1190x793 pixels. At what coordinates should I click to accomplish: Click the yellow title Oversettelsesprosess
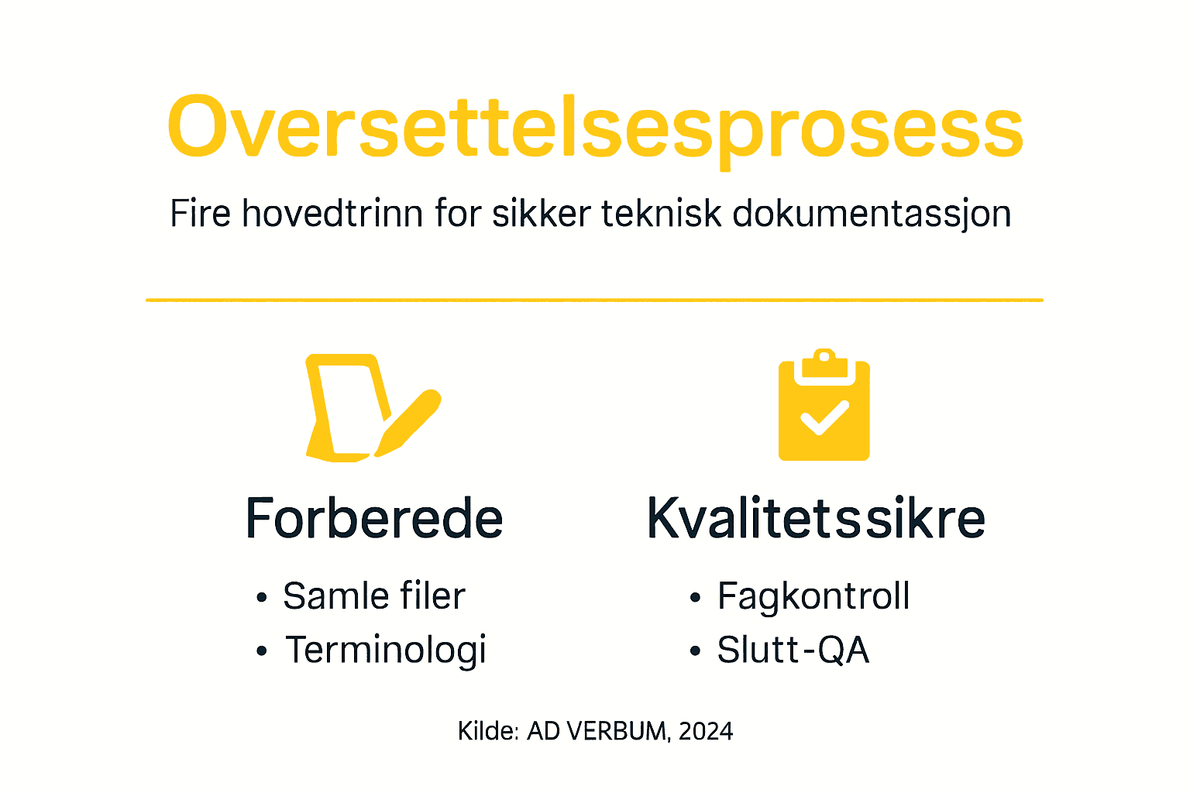click(595, 129)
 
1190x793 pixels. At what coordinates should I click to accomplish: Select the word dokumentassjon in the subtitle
click(872, 214)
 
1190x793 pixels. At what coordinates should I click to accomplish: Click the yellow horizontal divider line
click(595, 300)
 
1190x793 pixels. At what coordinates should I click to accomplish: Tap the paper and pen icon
click(364, 408)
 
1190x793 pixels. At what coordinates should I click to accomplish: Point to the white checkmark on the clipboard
click(824, 418)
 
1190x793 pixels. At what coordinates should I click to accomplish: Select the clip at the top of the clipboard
click(824, 362)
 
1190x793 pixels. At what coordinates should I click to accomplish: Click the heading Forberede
click(374, 518)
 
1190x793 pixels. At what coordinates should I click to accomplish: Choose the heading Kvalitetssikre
click(816, 518)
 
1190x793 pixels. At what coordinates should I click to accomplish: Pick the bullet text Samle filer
click(374, 596)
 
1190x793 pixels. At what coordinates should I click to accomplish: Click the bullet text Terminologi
click(386, 650)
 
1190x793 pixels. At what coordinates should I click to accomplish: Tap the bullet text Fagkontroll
click(813, 596)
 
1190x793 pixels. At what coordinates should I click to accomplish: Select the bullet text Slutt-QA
click(793, 650)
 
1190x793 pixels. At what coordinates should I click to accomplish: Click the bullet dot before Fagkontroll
click(695, 598)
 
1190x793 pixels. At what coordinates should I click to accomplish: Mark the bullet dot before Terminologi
click(262, 651)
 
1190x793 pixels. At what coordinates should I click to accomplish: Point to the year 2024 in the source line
click(705, 731)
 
